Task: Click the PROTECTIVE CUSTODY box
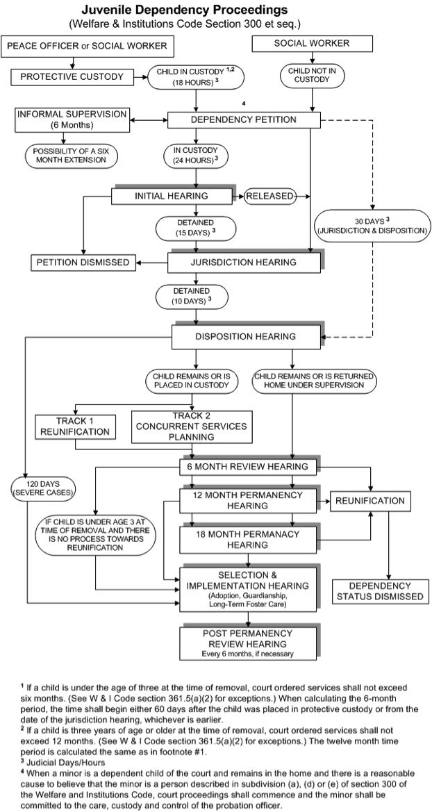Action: point(72,77)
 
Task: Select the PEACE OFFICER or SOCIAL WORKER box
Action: point(87,46)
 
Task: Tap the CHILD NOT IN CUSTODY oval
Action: point(311,76)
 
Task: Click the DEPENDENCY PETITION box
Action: point(244,120)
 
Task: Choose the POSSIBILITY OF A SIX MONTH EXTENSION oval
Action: point(72,156)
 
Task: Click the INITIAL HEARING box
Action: point(171,197)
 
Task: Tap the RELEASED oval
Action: point(269,197)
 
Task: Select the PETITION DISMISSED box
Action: point(83,263)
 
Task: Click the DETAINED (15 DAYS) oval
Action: point(195,227)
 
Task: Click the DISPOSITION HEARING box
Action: point(246,337)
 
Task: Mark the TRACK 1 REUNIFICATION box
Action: point(75,426)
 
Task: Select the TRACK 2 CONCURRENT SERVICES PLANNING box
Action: point(192,426)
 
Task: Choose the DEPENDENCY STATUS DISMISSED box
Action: point(380,591)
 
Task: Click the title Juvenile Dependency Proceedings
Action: point(185,10)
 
